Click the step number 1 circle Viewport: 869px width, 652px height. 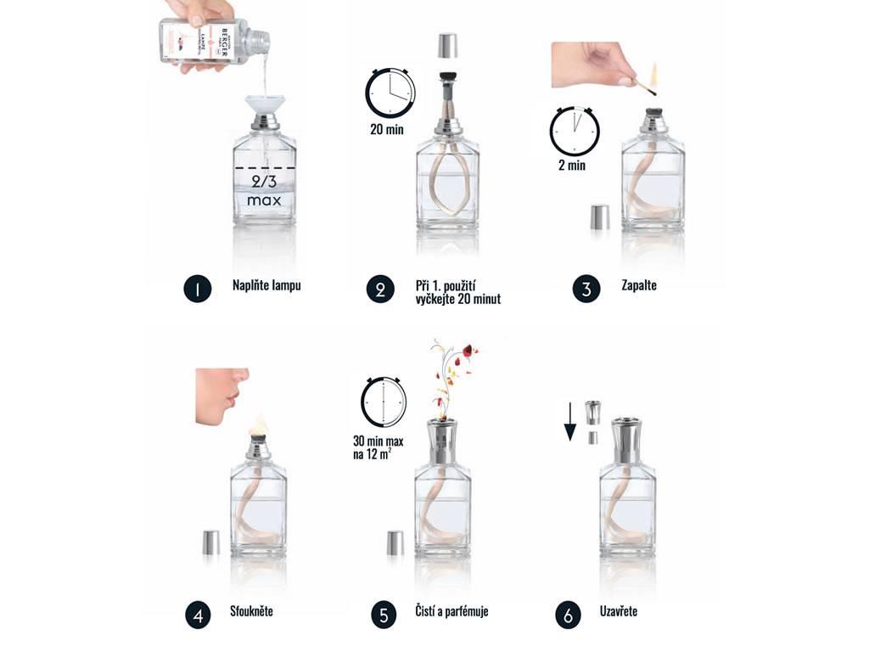click(197, 289)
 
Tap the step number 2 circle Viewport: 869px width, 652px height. click(381, 289)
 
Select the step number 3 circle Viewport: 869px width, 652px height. click(586, 289)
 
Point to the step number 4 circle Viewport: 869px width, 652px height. click(198, 615)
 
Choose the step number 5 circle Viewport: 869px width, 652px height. click(383, 615)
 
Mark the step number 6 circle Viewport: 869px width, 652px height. click(568, 615)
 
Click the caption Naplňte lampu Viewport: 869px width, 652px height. click(266, 285)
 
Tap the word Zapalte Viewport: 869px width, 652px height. click(639, 285)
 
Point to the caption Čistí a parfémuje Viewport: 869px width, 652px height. click(451, 611)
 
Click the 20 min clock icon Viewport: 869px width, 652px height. click(390, 93)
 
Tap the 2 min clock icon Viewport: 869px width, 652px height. click(575, 132)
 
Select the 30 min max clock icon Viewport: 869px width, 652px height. click(384, 401)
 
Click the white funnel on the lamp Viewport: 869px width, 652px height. click(265, 107)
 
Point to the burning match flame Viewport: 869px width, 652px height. click(655, 73)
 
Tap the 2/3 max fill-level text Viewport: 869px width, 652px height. click(264, 191)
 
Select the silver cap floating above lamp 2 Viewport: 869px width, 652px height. click(447, 46)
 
